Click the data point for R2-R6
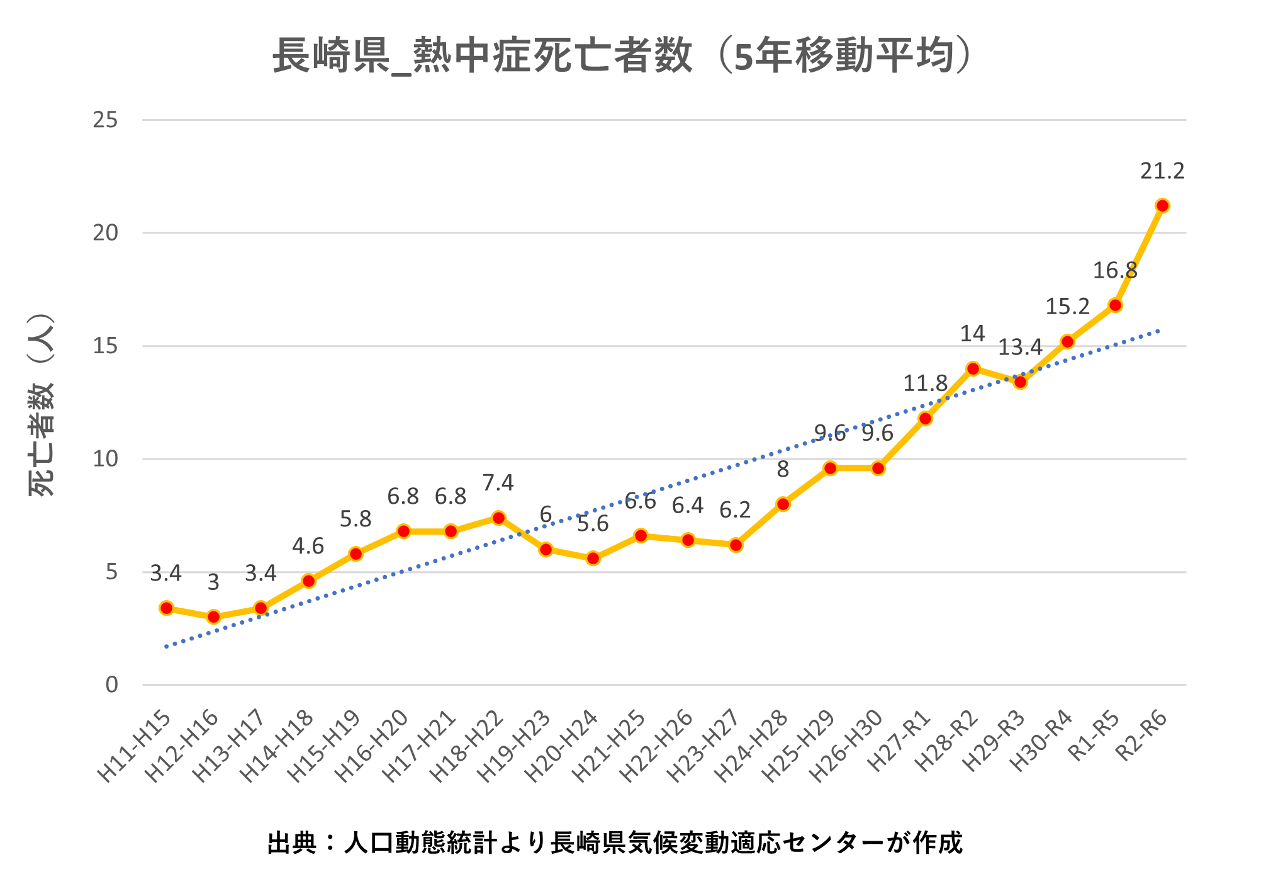[x=1162, y=206]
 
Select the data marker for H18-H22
[x=498, y=518]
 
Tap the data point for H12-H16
[x=213, y=617]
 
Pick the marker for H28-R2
[x=973, y=368]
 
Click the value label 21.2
[x=1162, y=171]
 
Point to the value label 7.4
[x=498, y=483]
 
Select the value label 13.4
[x=1021, y=347]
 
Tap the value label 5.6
[x=593, y=524]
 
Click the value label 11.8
[x=925, y=383]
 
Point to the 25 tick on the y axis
[x=106, y=120]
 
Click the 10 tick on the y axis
[x=106, y=459]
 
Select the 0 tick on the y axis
[x=112, y=685]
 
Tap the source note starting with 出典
[x=615, y=843]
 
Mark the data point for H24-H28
[x=783, y=504]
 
